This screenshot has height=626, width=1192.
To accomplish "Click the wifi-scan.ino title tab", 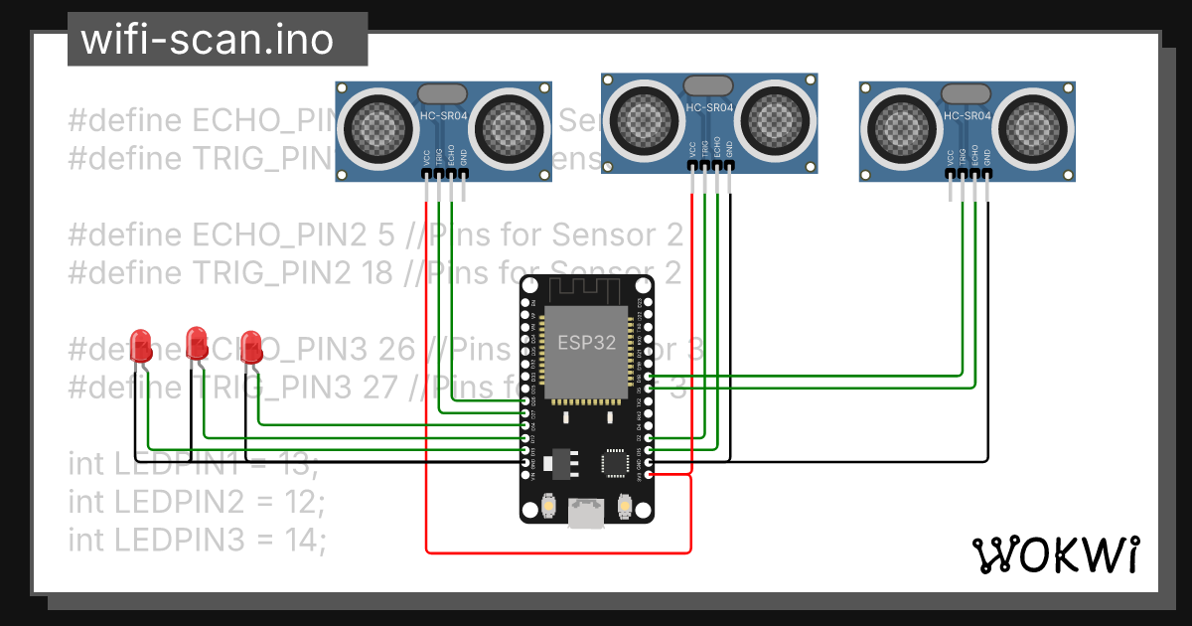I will pyautogui.click(x=217, y=40).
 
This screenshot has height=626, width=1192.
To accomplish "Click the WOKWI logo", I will pyautogui.click(x=1055, y=554).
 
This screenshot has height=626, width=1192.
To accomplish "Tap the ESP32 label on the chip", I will pyautogui.click(x=586, y=344).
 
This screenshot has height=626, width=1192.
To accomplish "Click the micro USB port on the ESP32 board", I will pyautogui.click(x=586, y=513).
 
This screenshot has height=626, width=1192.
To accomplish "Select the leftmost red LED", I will pyautogui.click(x=142, y=345).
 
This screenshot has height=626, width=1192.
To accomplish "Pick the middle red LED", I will pyautogui.click(x=197, y=343).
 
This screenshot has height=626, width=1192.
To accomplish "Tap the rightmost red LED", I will pyautogui.click(x=251, y=345).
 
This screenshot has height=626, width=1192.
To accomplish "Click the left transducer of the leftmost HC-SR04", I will pyautogui.click(x=377, y=127).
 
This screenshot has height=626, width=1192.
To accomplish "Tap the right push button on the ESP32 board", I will pyautogui.click(x=625, y=508).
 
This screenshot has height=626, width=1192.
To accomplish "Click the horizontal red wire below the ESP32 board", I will pyautogui.click(x=556, y=551).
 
